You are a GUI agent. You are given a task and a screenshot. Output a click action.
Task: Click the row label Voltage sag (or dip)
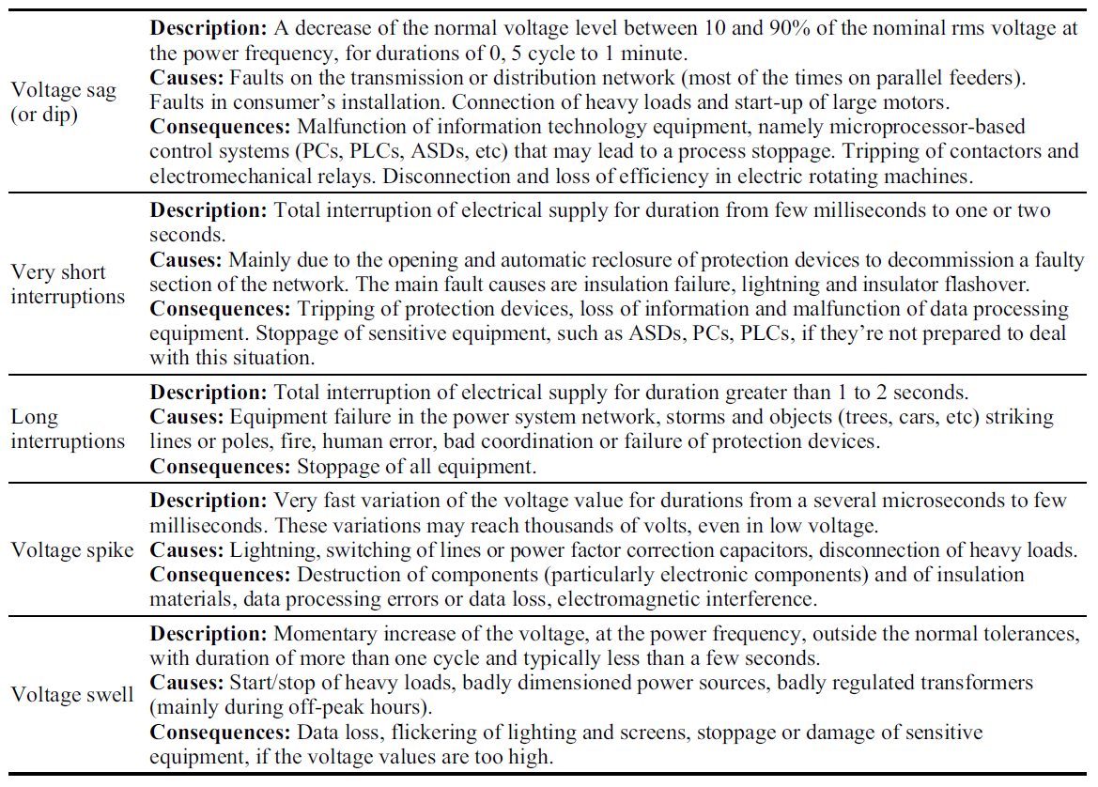63,101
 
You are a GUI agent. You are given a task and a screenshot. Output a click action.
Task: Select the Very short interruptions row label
67,285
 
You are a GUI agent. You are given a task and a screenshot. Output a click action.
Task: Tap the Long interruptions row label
67,428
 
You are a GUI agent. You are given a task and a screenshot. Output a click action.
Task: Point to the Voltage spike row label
72,549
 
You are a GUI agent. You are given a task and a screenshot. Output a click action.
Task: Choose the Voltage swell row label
72,695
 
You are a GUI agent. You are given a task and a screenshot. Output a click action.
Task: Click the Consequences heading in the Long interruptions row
222,466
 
